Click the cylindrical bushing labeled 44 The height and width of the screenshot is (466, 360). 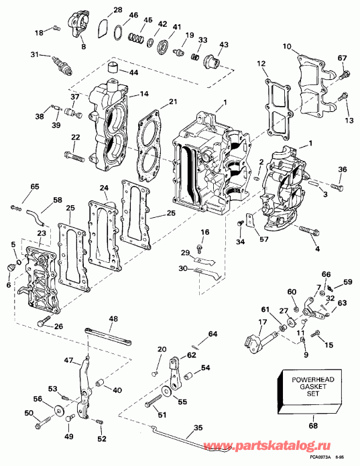[113, 67]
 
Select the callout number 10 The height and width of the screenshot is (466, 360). [286, 46]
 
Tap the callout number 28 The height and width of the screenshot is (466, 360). [117, 10]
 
